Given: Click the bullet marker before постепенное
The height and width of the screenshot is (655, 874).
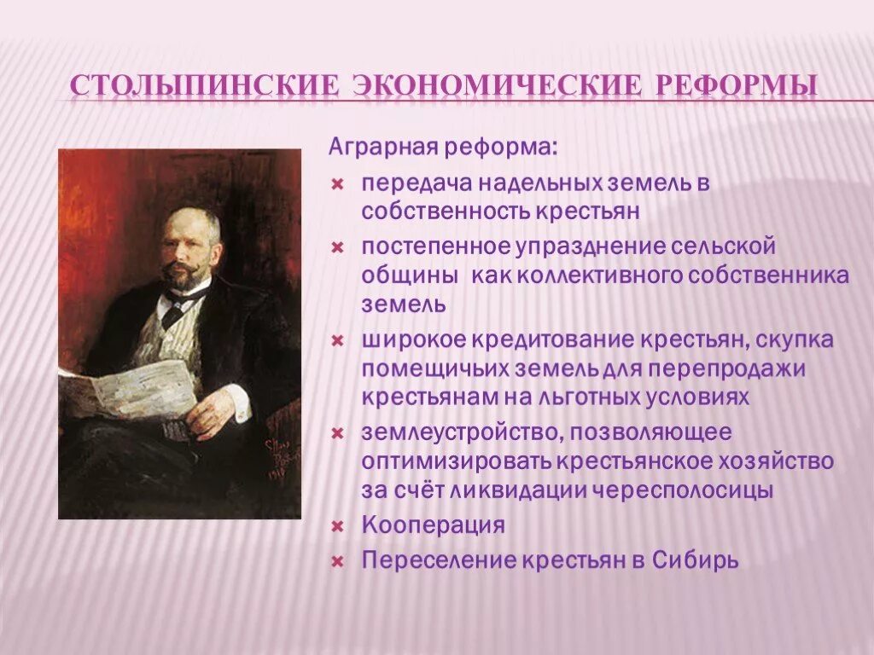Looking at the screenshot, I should (x=337, y=247).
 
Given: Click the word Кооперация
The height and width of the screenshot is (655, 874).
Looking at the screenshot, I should (x=433, y=525).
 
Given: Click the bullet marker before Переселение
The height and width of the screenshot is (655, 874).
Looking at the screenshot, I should (x=337, y=562).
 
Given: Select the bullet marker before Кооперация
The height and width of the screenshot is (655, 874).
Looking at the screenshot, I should (x=337, y=525).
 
